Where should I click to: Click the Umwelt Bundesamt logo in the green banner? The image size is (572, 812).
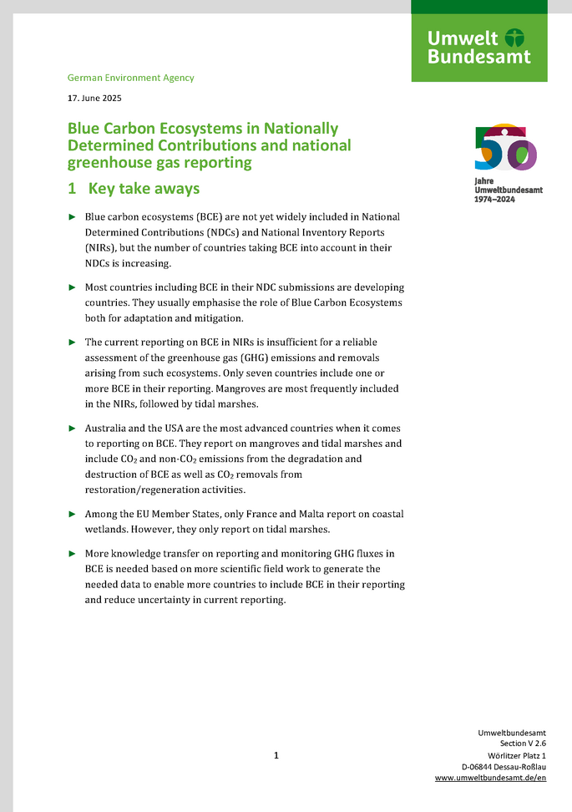pyautogui.click(x=478, y=48)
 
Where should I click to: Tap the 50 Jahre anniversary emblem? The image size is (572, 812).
pyautogui.click(x=505, y=148)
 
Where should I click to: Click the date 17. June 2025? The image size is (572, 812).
pyautogui.click(x=94, y=98)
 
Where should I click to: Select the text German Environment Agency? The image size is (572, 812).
pyautogui.click(x=130, y=78)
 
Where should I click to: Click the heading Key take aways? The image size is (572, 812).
pyautogui.click(x=144, y=189)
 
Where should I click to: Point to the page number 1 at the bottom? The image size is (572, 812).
pyautogui.click(x=276, y=756)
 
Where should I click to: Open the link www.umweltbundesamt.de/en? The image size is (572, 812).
pyautogui.click(x=490, y=778)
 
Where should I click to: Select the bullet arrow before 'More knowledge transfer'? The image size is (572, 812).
pyautogui.click(x=72, y=554)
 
